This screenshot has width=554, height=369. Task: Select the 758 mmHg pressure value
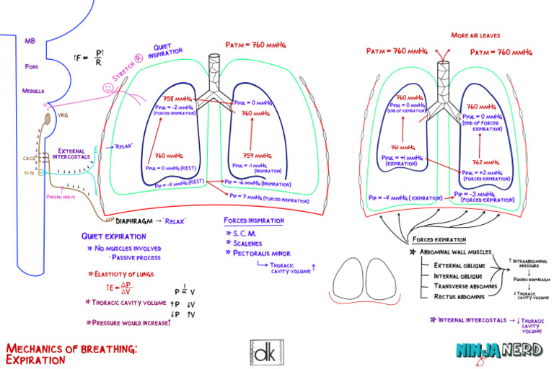[177, 99]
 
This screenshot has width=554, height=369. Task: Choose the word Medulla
[32, 92]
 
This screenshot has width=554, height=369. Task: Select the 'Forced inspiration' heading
[253, 221]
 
